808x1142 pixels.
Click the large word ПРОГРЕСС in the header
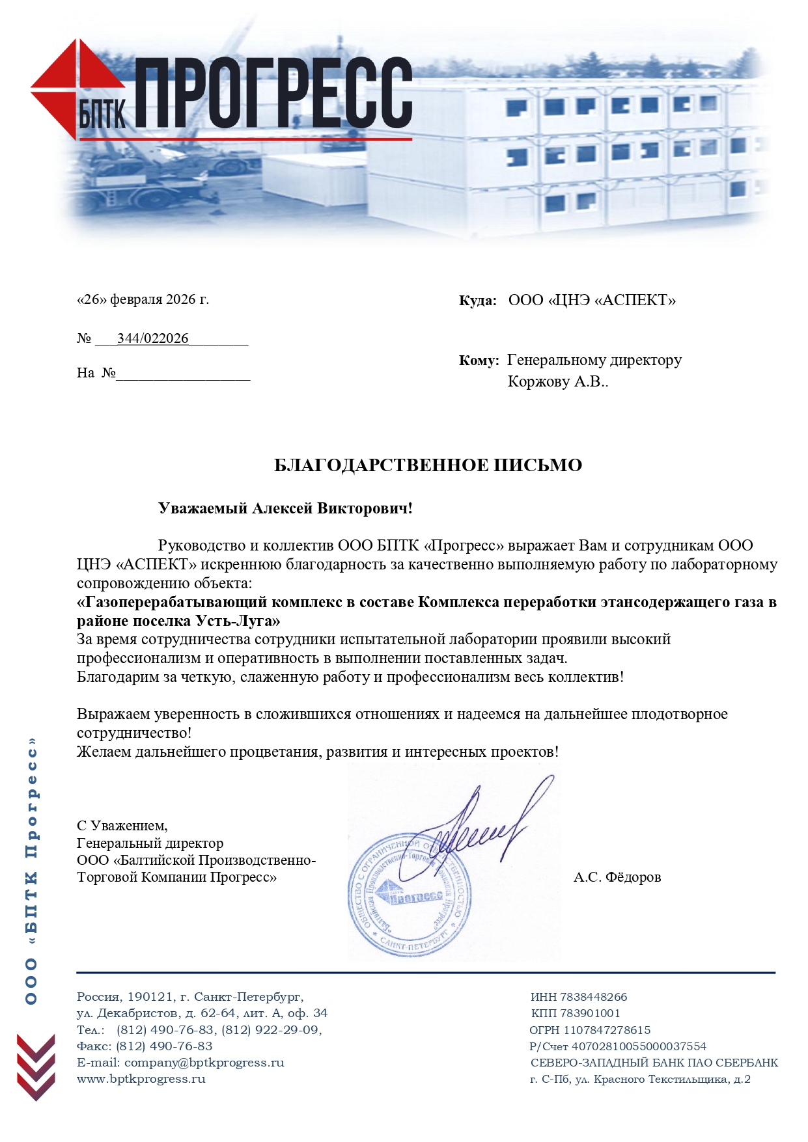[273, 92]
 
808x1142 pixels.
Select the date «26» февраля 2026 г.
[143, 299]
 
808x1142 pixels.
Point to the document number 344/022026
[152, 338]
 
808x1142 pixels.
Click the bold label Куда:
[477, 301]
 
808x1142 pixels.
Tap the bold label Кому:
[479, 360]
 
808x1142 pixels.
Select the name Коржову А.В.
[557, 381]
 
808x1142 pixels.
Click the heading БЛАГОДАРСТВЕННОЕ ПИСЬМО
[428, 465]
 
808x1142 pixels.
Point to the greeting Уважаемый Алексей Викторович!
[285, 508]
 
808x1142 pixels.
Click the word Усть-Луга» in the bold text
[238, 620]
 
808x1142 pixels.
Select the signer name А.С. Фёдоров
[617, 877]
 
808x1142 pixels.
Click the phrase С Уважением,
[122, 826]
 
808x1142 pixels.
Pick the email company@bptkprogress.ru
[204, 1063]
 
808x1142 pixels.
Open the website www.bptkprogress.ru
[141, 1079]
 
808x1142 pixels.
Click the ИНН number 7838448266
[593, 997]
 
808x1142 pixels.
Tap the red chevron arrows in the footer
[36, 1067]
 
